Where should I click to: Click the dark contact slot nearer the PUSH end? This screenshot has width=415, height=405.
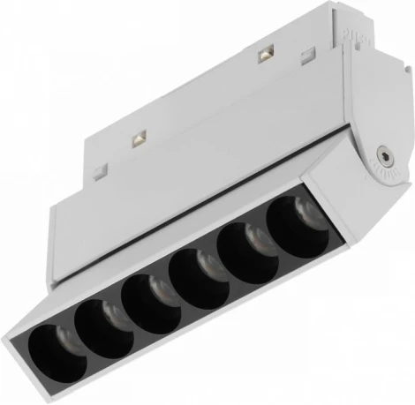tap(263, 57)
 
